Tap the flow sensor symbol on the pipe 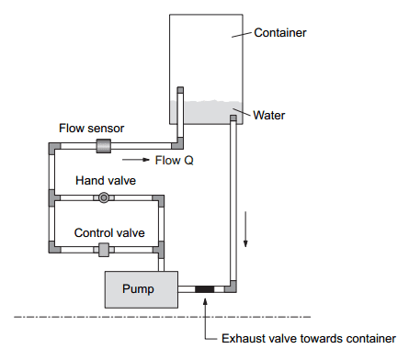(103, 146)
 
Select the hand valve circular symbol (104, 197)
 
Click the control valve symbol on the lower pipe (104, 249)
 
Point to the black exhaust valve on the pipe (204, 289)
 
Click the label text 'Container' (281, 33)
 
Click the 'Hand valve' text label (105, 181)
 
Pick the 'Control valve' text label (106, 232)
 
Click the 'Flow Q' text (176, 161)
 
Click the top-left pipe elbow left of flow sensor (49, 146)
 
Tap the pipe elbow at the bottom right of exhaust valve (233, 289)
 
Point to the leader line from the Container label (241, 35)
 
